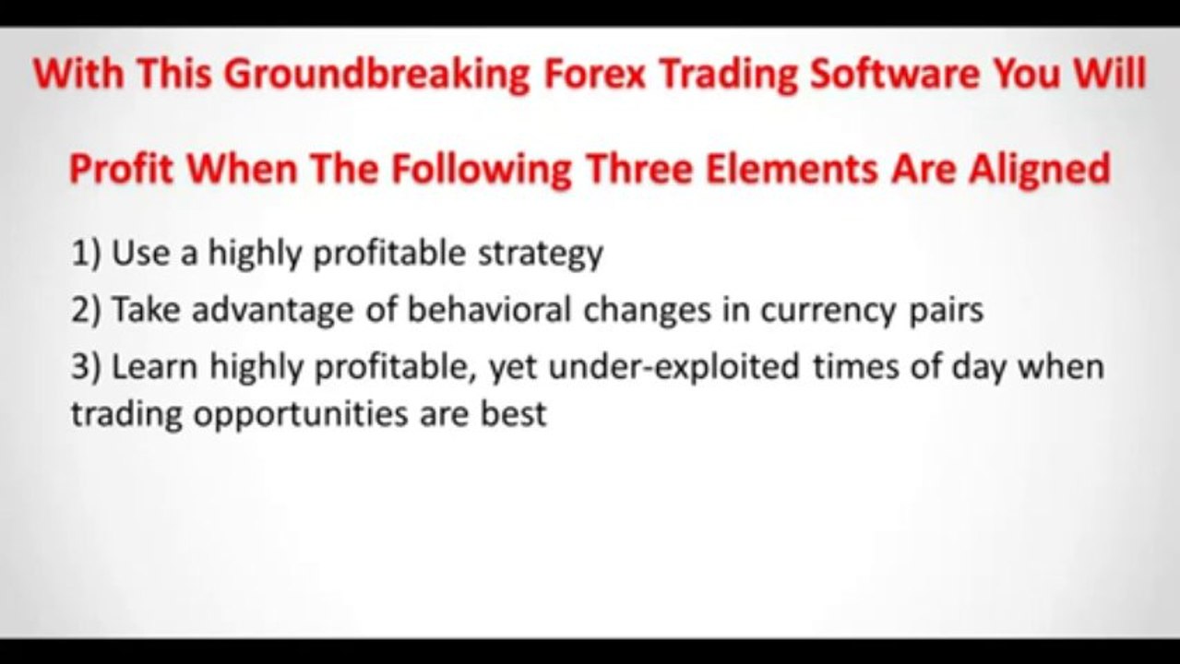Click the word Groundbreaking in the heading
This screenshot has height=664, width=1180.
click(375, 75)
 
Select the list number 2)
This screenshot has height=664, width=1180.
click(87, 310)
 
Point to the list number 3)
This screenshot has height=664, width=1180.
click(87, 366)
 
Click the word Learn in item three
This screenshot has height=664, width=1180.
click(155, 366)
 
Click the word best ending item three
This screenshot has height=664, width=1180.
click(513, 413)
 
